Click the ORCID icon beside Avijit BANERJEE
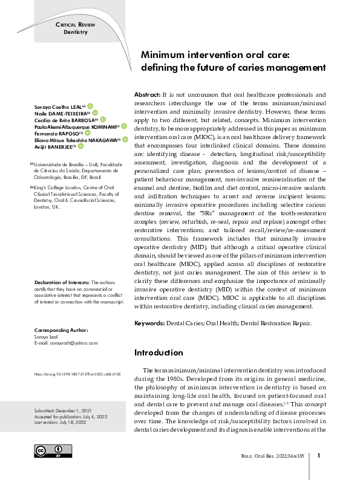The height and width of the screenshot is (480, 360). pyautogui.click(x=80, y=146)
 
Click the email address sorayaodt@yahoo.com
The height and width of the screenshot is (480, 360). pyautogui.click(x=65, y=343)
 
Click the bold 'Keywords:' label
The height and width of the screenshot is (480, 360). pyautogui.click(x=149, y=323)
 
